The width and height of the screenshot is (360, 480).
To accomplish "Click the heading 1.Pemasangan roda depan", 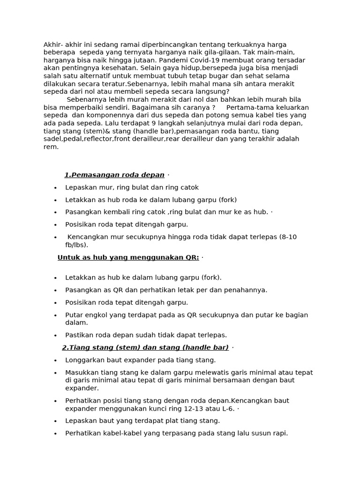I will (x=114, y=175).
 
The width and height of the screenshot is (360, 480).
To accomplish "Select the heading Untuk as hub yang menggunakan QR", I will (x=128, y=257).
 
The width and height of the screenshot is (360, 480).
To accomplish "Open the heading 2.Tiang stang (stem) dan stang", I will (x=145, y=347).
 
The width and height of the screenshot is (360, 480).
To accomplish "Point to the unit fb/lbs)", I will (x=76, y=245).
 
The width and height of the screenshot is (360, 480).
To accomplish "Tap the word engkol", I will (x=96, y=315).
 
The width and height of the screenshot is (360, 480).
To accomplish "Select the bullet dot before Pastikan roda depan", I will (x=55, y=335).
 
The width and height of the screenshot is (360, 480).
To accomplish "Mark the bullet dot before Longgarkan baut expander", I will (x=55, y=360).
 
